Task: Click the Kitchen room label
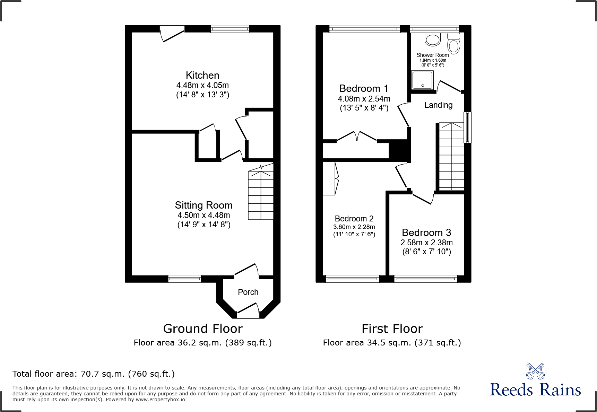pos(202,75)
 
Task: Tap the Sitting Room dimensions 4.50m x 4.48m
pos(204,215)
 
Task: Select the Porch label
pos(248,292)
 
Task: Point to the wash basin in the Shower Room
pos(433,40)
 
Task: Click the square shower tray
pos(422,80)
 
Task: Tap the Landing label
pos(438,105)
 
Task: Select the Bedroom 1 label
pos(364,88)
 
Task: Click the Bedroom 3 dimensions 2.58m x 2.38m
pos(426,243)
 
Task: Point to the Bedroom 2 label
pos(354,219)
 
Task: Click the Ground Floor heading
pos(203,328)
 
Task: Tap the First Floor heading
pos(392,328)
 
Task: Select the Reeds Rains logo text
pos(535,390)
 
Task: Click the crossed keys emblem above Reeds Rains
pos(535,371)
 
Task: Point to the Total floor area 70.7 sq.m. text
pos(94,374)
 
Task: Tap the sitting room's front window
pos(184,279)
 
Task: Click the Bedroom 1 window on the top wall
pos(364,29)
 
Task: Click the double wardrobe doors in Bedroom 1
pos(357,136)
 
